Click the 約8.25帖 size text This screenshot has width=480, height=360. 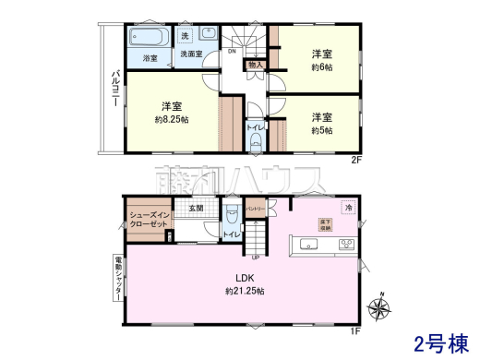(172, 119)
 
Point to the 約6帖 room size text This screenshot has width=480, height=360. (321, 66)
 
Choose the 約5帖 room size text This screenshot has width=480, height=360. (321, 130)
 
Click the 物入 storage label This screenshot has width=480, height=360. (256, 66)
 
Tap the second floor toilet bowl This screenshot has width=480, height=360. (256, 142)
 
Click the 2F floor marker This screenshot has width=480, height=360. (354, 160)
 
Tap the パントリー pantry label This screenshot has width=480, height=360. (256, 210)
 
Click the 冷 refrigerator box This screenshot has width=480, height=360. (348, 208)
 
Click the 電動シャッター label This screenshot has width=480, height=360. (117, 275)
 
